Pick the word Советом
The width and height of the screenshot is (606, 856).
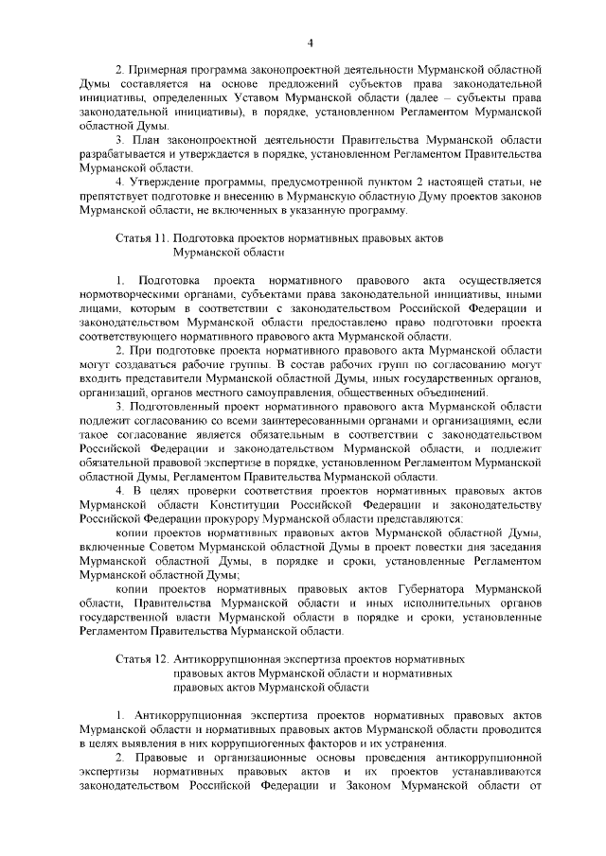pos(175,546)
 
